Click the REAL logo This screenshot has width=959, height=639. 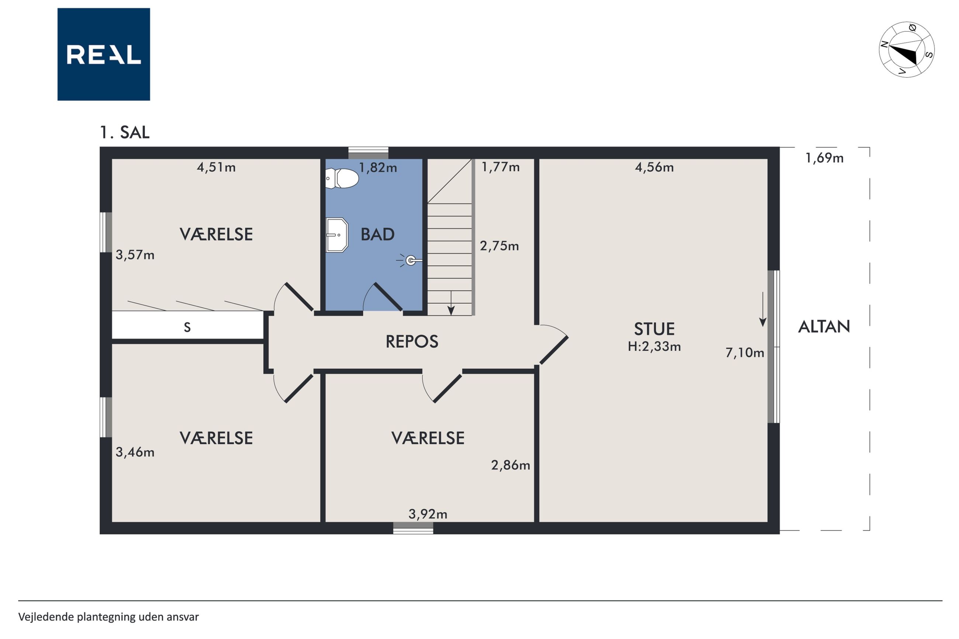104,54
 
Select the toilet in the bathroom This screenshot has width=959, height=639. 342,178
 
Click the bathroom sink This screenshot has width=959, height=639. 337,235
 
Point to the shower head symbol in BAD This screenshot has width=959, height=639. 410,260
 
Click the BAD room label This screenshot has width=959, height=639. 377,235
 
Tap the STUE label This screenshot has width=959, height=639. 654,329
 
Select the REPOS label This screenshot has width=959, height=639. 412,341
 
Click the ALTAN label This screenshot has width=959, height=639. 824,326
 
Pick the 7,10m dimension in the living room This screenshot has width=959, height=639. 745,353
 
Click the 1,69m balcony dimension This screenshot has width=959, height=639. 824,158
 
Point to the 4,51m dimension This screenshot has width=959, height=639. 216,167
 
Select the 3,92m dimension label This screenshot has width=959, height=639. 427,514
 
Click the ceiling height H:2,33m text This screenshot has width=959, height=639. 654,346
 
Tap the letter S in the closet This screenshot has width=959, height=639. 187,327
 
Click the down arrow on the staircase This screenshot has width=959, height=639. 451,303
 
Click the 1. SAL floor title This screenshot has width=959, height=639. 125,132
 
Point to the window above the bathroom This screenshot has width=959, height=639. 368,152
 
